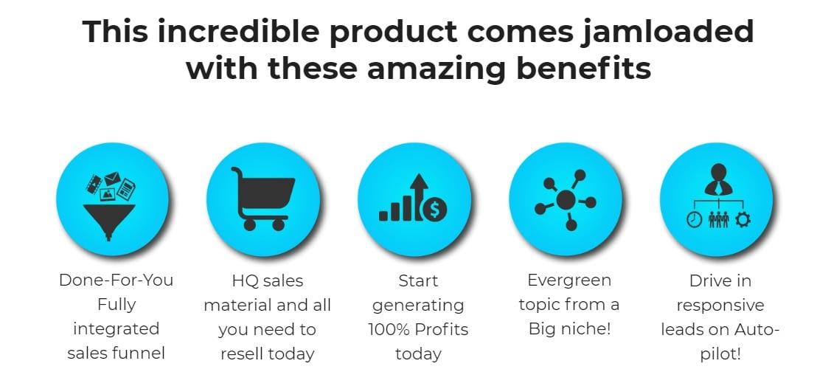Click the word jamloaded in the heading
[x=664, y=32]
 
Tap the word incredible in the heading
[x=238, y=31]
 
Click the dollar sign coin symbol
[x=434, y=210]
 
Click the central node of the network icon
[x=566, y=199]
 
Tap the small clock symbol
[x=695, y=220]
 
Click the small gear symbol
[x=743, y=220]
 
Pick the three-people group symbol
[x=719, y=220]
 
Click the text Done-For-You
[x=116, y=280]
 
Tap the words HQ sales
[x=267, y=280]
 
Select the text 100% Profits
[x=418, y=329]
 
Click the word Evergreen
[x=569, y=280]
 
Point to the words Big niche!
[x=569, y=329]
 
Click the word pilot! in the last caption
[x=720, y=354]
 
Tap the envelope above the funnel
[x=112, y=178]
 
